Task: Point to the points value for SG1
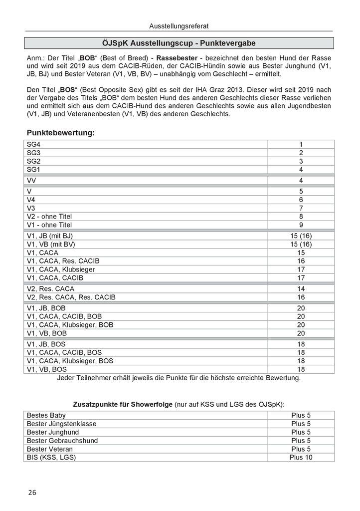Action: [x=301, y=170]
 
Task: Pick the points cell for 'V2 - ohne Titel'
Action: [x=301, y=217]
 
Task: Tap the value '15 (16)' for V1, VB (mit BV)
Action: [x=301, y=244]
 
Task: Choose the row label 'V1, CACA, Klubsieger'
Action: [x=61, y=269]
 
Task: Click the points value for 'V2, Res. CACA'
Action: [x=301, y=289]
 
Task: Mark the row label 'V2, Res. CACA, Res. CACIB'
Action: [x=71, y=297]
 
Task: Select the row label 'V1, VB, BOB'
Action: [x=47, y=333]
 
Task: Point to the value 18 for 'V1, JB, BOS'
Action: [x=301, y=344]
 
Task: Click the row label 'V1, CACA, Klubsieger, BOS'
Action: [x=70, y=361]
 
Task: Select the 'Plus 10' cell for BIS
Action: [x=301, y=457]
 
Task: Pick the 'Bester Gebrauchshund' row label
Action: [x=62, y=441]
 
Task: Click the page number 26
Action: [x=32, y=492]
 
